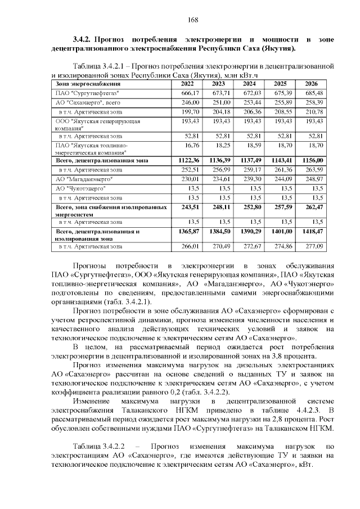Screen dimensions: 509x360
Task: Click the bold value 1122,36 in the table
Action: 189,160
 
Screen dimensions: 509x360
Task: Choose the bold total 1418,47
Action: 313,231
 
